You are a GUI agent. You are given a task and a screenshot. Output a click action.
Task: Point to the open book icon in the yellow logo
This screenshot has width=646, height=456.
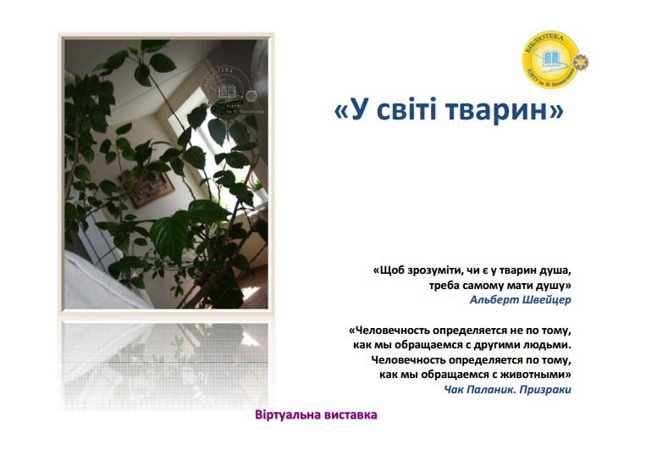550,62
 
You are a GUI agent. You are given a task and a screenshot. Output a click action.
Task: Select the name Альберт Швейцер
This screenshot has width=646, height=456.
521,299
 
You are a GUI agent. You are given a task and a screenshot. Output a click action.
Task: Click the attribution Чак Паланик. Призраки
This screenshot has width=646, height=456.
508,389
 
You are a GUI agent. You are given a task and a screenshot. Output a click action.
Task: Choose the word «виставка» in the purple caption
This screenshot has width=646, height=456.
348,415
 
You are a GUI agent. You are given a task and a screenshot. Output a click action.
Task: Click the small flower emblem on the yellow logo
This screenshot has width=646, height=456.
581,62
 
